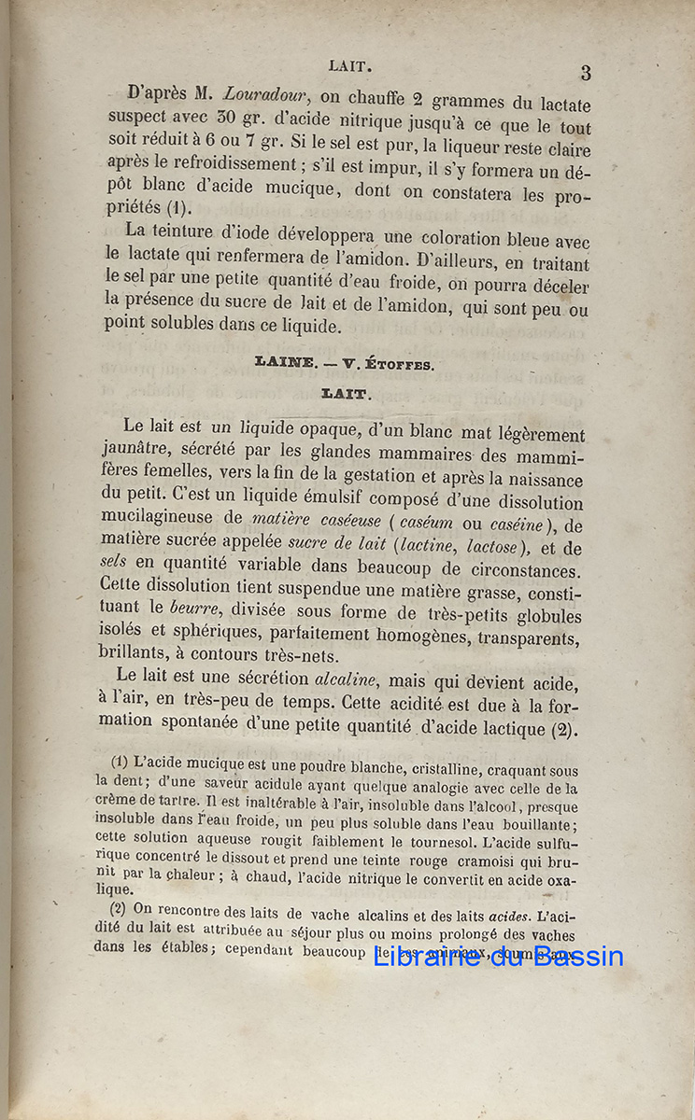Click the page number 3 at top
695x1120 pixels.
[x=586, y=73]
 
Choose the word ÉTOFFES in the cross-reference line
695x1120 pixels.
[x=402, y=365]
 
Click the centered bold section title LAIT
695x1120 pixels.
[x=347, y=395]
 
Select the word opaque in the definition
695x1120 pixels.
[x=342, y=430]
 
